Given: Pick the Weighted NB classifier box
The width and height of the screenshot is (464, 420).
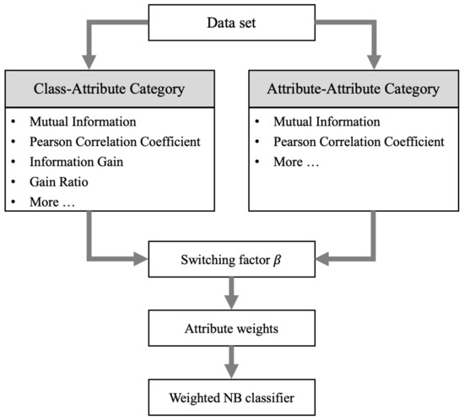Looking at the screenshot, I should pyautogui.click(x=231, y=394).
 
